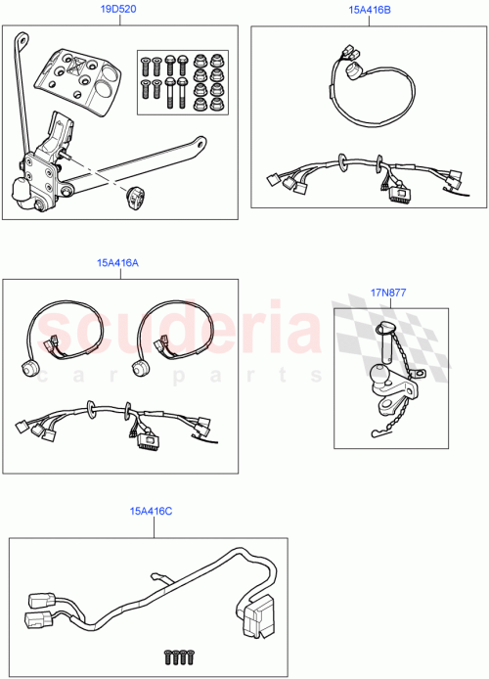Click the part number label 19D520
[120, 9]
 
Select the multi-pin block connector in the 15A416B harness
[399, 195]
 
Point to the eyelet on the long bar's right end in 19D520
[200, 144]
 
